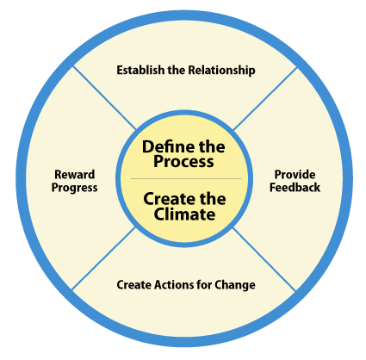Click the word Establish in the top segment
140,70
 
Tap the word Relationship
221,71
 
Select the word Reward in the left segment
75,174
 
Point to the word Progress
74,188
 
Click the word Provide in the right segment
295,174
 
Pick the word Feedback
295,187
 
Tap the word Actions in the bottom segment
174,284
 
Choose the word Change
235,285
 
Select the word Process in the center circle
183,161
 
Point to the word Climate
184,214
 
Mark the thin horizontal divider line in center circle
186,178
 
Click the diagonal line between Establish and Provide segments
265,98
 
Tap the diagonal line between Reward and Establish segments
104,97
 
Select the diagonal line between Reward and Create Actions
103,258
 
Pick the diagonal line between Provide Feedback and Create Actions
264,259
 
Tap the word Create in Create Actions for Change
134,284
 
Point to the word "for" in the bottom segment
204,284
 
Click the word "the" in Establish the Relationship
177,70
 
